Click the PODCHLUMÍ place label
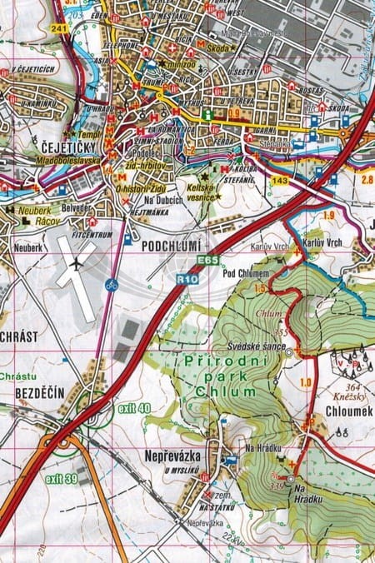tap(172, 247)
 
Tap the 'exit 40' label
tap(133, 408)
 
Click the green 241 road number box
tap(57, 27)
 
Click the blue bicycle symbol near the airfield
tap(111, 285)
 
